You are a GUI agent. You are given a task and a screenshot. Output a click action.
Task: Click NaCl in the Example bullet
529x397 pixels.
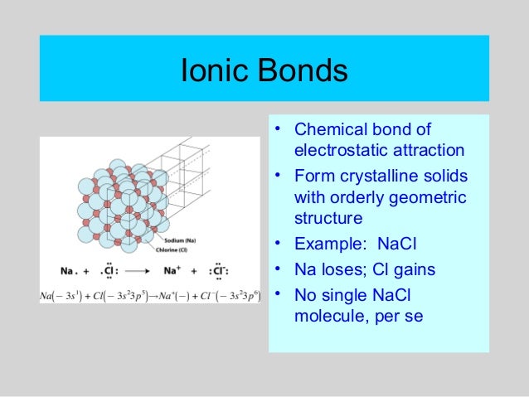coord(400,244)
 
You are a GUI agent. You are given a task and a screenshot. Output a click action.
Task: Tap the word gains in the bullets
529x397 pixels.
coord(413,269)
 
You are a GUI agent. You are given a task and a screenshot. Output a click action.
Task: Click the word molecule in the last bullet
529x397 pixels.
coord(329,316)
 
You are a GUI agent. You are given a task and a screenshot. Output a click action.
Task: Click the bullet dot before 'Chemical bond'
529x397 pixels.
coord(279,129)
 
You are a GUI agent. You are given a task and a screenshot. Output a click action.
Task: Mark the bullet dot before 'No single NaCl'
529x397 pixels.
coord(279,293)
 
